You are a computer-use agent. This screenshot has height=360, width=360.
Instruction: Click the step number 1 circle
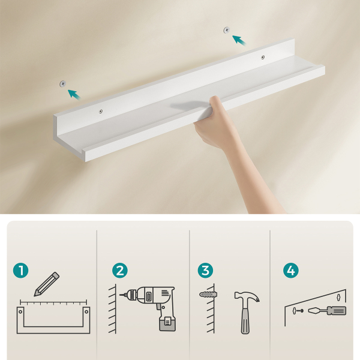21,270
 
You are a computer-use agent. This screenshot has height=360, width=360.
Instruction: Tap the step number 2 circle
120,270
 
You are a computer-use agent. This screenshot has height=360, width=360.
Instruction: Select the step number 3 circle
205,270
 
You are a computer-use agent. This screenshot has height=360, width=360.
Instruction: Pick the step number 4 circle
290,270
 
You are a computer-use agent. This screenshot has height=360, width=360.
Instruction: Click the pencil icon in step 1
47,284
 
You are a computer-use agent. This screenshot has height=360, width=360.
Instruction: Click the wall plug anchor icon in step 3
208,294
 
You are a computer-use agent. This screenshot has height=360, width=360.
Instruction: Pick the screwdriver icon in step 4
327,311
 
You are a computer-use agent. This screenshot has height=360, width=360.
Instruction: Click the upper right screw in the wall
227,29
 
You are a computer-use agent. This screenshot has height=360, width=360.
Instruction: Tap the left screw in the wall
62,83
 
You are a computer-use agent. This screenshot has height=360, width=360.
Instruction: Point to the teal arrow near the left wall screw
74,94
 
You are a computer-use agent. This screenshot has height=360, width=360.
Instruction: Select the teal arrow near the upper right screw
239,40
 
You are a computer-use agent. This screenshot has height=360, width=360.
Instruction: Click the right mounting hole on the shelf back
263,57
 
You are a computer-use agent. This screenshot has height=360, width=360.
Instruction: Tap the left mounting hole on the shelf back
101,112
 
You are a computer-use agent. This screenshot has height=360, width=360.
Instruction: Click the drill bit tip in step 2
120,295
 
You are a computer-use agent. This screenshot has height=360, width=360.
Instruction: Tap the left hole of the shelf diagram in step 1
20,311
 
